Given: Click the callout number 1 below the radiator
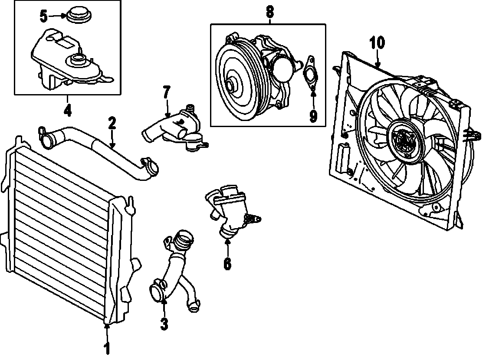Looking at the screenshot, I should click(107, 348).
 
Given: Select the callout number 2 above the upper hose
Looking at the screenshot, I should click(112, 124).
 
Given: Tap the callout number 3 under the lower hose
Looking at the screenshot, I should click(164, 323).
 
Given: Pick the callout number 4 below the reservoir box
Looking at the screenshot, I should click(67, 110).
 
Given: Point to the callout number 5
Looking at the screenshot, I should click(44, 17).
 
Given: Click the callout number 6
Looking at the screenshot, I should click(227, 263).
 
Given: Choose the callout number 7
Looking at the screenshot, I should click(167, 92).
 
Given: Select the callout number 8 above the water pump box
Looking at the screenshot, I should click(269, 12).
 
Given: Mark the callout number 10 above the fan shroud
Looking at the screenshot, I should click(377, 43).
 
